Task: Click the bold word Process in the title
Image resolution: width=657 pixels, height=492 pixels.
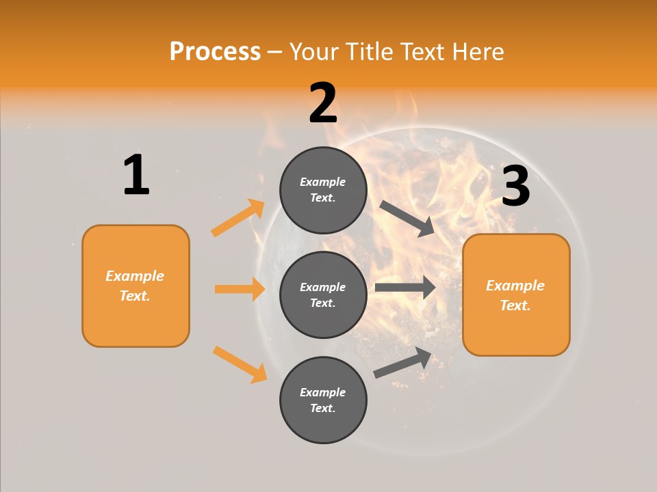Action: click(x=215, y=51)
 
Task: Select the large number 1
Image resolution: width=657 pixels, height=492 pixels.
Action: click(x=136, y=175)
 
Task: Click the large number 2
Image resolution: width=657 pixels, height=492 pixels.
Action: click(x=323, y=103)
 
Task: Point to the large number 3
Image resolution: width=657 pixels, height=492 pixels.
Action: click(x=515, y=186)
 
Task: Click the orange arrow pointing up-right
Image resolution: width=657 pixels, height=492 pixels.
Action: click(x=237, y=219)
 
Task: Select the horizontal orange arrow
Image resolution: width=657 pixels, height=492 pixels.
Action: click(x=240, y=289)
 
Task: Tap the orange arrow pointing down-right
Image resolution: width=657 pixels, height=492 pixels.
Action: click(x=240, y=364)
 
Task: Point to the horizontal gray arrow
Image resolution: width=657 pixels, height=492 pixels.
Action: click(x=404, y=287)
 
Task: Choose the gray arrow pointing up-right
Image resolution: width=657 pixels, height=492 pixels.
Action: click(x=402, y=362)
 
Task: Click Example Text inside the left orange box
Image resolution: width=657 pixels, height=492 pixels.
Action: click(x=135, y=286)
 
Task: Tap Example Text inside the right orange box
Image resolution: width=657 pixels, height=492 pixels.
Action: click(x=515, y=295)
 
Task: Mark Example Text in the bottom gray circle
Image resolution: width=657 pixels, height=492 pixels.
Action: click(x=323, y=400)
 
